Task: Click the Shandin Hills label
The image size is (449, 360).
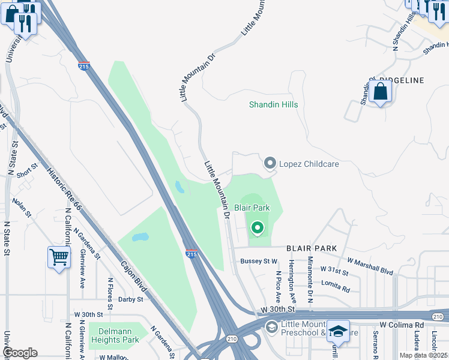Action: point(274,104)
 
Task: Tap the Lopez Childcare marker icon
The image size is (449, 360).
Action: point(270,163)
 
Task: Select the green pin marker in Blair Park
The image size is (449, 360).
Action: point(258,228)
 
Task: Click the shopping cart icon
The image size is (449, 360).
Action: point(59,258)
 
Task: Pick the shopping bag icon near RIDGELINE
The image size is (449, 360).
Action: point(381,92)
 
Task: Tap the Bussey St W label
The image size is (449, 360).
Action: point(259,261)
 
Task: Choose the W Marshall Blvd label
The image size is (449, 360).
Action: point(370,266)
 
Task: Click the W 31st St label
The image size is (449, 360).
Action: point(334,272)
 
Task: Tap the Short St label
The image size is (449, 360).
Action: point(27,172)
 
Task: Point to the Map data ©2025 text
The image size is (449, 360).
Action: point(424,355)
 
